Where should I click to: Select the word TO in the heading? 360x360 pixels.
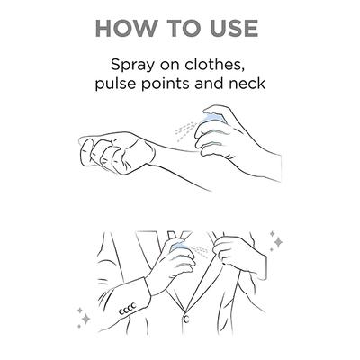point(183,29)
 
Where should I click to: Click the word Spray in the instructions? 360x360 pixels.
point(130,66)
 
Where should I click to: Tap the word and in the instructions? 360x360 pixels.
point(210,84)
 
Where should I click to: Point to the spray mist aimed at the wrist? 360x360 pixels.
point(186,131)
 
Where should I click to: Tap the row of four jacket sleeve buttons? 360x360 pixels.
point(128,309)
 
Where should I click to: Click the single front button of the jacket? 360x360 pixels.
point(186,319)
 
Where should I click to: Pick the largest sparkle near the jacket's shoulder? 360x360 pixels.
point(278,242)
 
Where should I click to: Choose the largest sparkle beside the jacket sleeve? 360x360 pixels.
point(85,319)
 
